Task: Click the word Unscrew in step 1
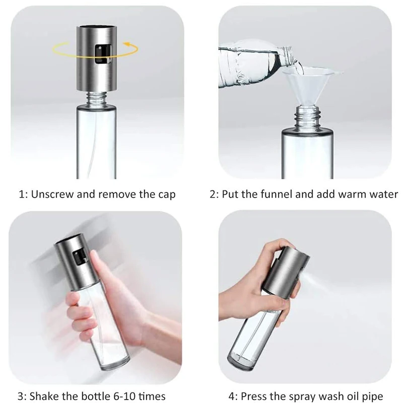point(52,194)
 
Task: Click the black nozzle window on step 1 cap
point(103,54)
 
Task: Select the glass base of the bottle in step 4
point(242,362)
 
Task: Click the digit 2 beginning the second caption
point(213,194)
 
